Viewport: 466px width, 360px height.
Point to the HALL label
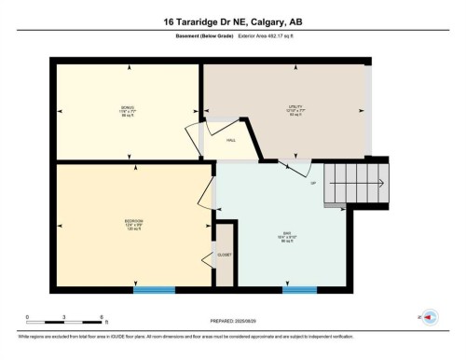(x=230, y=141)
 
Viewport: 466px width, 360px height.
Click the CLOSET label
(x=225, y=254)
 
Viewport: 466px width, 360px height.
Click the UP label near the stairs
(x=312, y=182)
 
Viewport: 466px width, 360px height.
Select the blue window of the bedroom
(x=154, y=289)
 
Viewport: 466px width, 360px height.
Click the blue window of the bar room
(x=300, y=289)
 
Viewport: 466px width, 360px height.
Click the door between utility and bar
(x=294, y=168)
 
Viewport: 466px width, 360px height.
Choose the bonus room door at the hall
(x=197, y=134)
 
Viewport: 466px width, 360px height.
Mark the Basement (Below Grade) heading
(x=204, y=36)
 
